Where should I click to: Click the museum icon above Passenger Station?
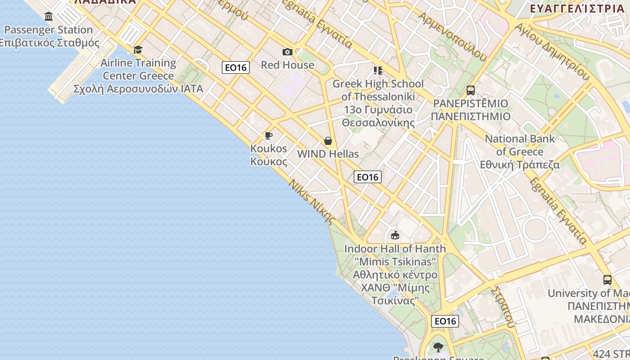click(49, 17)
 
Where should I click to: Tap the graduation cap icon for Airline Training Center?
click(138, 49)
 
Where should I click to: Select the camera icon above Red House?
click(288, 52)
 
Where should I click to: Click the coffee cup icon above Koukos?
click(269, 135)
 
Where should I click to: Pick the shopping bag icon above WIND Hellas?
click(328, 141)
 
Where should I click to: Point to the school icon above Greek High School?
click(378, 71)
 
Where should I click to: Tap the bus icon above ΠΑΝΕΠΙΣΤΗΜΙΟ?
click(470, 90)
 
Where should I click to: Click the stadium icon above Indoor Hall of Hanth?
click(395, 235)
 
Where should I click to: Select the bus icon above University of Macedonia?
click(607, 280)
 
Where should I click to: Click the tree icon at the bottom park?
click(438, 347)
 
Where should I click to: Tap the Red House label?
click(288, 65)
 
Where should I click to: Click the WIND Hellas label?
click(328, 154)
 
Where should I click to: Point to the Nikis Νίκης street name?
click(311, 202)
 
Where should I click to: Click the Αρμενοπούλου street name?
click(453, 36)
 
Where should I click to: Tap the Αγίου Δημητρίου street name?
click(552, 51)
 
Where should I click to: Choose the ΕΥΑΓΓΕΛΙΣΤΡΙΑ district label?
click(577, 9)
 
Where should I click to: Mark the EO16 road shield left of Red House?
click(236, 67)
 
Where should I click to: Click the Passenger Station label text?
click(49, 30)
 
